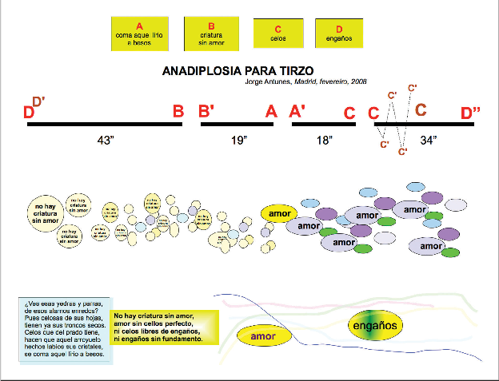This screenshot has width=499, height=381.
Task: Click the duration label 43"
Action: (x=106, y=141)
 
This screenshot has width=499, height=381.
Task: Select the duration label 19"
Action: (x=238, y=141)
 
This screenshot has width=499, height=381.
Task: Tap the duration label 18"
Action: (x=324, y=141)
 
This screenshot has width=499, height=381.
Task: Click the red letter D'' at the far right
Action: (x=470, y=113)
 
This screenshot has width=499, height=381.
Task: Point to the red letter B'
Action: (x=206, y=112)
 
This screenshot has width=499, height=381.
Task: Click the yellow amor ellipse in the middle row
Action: (x=278, y=213)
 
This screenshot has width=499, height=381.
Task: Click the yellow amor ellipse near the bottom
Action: (x=262, y=336)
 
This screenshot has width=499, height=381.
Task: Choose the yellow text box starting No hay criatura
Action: (x=158, y=328)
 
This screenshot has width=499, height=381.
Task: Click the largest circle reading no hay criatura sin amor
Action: (x=46, y=212)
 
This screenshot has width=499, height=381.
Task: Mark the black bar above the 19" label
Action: (x=237, y=124)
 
